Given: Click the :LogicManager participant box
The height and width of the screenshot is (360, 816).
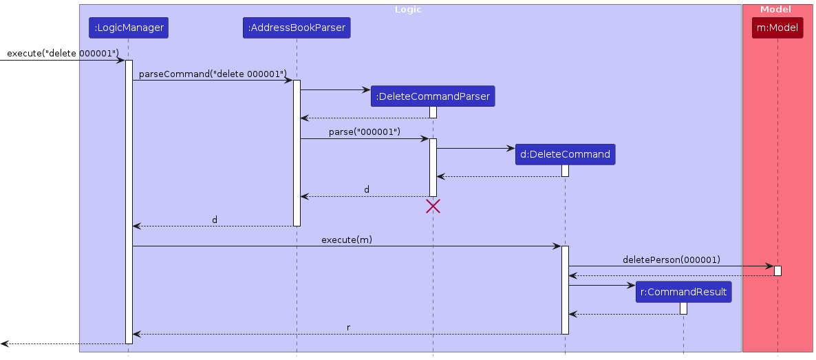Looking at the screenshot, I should tap(128, 28).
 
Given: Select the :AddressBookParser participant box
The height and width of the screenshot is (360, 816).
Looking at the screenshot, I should tap(297, 28).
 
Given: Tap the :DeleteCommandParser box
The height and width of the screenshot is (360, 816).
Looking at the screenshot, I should tap(433, 96).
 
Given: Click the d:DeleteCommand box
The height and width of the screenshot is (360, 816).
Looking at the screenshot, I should tap(565, 154).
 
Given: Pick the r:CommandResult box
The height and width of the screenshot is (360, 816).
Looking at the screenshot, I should tap(683, 292).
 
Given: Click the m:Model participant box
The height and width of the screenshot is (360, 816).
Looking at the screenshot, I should tap(777, 28).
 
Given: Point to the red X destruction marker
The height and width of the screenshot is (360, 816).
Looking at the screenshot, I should tap(433, 206).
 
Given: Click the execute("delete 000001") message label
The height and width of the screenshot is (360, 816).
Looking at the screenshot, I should tap(63, 53).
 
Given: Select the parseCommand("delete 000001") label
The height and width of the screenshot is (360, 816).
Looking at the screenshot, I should tap(212, 74).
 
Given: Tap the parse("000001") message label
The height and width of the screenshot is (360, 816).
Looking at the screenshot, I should tap(364, 131).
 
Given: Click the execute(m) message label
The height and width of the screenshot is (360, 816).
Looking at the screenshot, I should tap(347, 240).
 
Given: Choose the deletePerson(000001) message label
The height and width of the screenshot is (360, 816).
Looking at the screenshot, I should tap(671, 260).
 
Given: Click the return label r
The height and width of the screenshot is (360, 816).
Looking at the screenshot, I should tap(348, 328).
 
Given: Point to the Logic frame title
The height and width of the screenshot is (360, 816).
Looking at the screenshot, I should tap(408, 10).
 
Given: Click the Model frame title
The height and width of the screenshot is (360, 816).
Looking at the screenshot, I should tap(775, 10).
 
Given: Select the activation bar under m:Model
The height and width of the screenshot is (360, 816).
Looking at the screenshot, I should tap(777, 271).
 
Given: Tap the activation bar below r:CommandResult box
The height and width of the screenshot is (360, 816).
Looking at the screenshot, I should tap(683, 308).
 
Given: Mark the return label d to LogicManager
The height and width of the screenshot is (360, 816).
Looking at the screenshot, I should tap(215, 220).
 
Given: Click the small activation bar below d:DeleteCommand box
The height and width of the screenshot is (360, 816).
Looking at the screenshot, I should tap(565, 171).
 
